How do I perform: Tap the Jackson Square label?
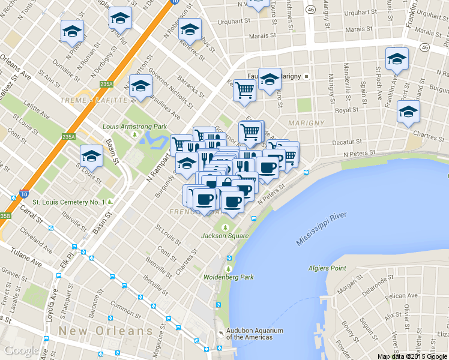click(x=226, y=236)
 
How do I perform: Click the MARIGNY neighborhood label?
click(x=306, y=123)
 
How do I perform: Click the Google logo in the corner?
click(x=21, y=350)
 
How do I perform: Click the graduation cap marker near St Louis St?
click(x=92, y=156)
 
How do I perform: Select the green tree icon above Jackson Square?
click(x=226, y=227)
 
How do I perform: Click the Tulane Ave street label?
click(x=26, y=261)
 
